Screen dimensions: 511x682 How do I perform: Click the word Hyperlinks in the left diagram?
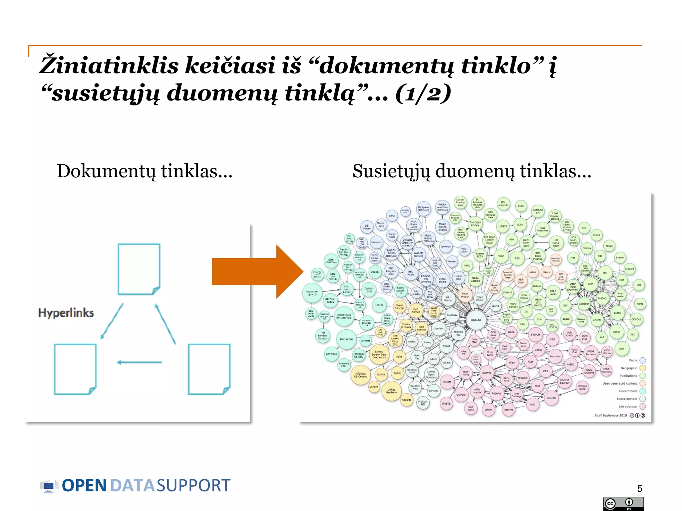click(66, 313)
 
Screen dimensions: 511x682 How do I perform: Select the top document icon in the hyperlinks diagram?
click(139, 269)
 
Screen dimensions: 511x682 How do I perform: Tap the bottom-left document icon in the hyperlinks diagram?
click(75, 369)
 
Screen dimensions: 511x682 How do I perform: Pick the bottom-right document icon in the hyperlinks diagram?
click(209, 369)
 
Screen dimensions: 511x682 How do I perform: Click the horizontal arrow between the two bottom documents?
click(140, 362)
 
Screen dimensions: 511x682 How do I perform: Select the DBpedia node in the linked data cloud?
click(476, 320)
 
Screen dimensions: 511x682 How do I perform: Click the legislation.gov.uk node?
click(312, 293)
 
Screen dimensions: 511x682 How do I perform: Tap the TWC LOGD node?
click(346, 339)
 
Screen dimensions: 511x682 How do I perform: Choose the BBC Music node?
click(411, 273)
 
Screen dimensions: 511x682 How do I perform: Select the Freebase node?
click(452, 315)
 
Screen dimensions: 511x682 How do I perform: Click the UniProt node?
click(487, 373)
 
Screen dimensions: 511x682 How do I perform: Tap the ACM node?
click(590, 284)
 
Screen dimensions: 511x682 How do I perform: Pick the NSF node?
click(622, 349)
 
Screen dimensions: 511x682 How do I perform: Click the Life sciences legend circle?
click(643, 406)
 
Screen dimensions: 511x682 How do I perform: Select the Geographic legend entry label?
click(628, 368)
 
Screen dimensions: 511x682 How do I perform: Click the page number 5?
click(639, 488)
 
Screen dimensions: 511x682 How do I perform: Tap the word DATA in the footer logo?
click(132, 486)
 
